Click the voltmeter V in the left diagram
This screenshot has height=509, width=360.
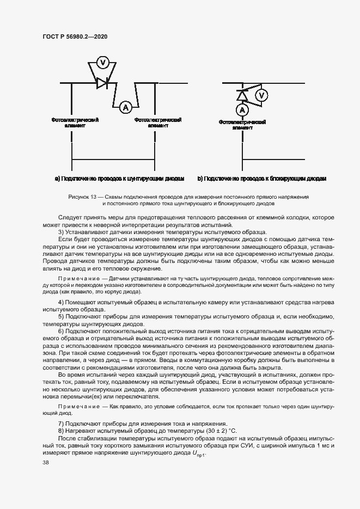pyautogui.click(x=102, y=63)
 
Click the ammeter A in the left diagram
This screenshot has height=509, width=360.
pyautogui.click(x=126, y=107)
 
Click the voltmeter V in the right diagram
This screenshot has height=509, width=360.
pyautogui.click(x=262, y=96)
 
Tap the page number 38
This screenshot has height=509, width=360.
pyautogui.click(x=45, y=463)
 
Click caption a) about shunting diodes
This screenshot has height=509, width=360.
pyautogui.click(x=120, y=179)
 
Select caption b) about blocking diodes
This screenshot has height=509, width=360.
pyautogui.click(x=262, y=179)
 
